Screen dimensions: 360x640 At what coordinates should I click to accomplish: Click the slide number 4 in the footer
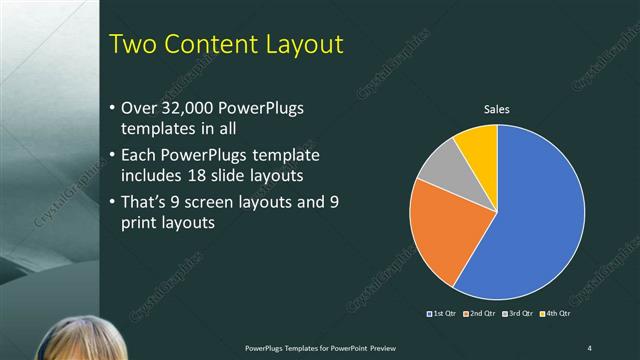coord(589,347)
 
